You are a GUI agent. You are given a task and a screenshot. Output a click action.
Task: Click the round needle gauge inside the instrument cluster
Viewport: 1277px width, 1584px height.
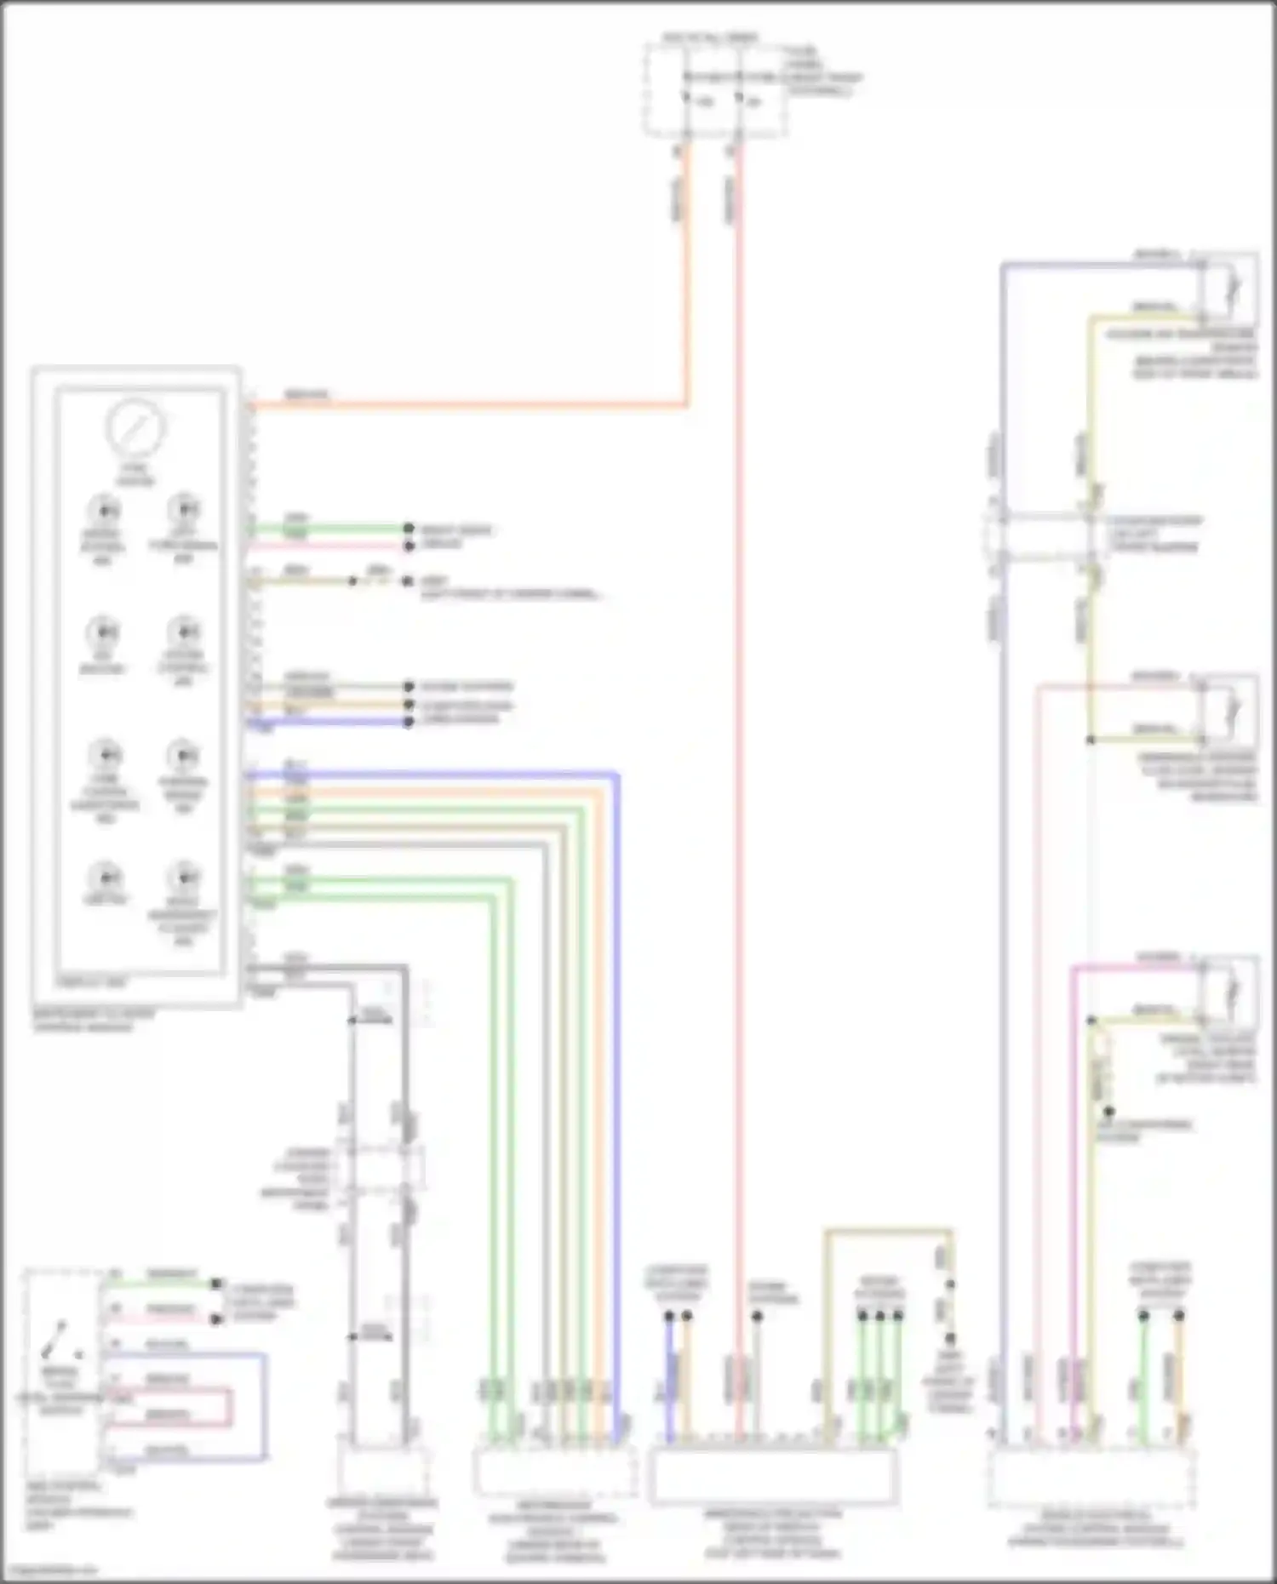coord(135,427)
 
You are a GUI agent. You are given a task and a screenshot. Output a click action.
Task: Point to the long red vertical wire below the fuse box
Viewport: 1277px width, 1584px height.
coord(739,766)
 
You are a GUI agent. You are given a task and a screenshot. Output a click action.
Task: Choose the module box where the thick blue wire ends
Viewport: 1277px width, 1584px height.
coord(554,1472)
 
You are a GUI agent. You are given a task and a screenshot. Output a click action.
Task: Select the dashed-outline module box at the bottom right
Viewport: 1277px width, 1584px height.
coord(1091,1479)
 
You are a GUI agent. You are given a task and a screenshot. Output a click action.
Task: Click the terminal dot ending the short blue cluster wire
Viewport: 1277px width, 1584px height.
coord(409,722)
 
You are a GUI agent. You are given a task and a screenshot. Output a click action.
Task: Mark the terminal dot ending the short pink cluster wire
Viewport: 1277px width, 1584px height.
coord(409,545)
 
